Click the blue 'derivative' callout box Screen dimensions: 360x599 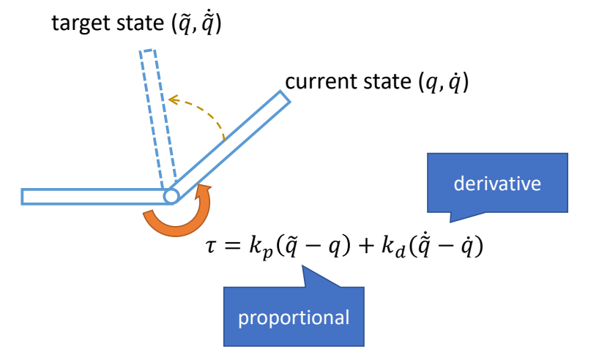click(497, 184)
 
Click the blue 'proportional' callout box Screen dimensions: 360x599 click(293, 318)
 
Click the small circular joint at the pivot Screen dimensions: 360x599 click(171, 196)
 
